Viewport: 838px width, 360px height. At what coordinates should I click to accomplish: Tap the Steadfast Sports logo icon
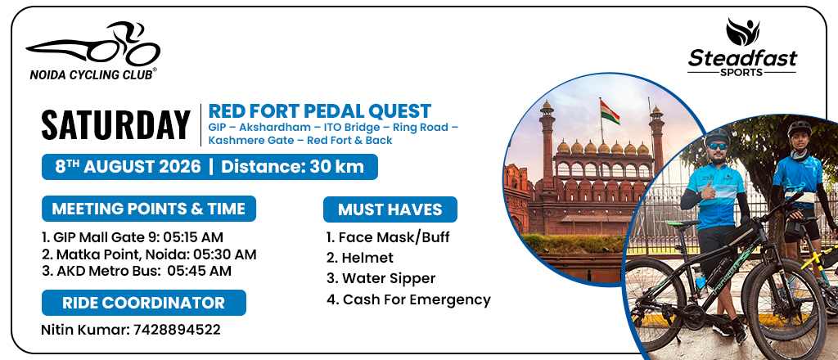742,32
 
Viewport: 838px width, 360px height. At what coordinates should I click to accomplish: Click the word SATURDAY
116,125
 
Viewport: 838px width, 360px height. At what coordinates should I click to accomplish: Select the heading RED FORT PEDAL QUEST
320,111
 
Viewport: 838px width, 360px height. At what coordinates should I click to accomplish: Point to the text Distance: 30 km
292,167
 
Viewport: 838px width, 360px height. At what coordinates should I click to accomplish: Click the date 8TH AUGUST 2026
128,167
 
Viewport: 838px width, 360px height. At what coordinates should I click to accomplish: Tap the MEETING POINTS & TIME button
149,209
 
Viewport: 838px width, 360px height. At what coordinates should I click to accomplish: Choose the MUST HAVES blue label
390,209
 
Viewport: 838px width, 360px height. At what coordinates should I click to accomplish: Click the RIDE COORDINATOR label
144,303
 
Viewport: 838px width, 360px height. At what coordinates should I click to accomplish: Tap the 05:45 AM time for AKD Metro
200,271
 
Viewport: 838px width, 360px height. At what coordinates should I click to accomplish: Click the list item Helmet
360,258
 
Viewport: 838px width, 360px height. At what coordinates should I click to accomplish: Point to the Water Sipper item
381,279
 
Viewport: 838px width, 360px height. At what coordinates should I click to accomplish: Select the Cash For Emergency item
409,299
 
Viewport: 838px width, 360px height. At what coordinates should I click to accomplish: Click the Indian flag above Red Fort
609,112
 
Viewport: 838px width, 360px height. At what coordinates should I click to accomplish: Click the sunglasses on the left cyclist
717,146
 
